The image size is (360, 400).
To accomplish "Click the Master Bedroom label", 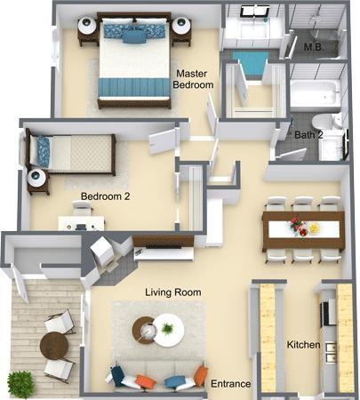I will click(194, 78).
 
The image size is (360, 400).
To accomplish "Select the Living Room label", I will click(172, 292).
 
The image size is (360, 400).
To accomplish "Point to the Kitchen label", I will click(302, 344).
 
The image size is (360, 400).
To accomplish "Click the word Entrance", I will click(230, 384).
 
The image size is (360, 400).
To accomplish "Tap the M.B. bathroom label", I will click(313, 46).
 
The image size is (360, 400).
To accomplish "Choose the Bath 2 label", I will click(308, 134).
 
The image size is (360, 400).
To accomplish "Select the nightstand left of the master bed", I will click(89, 29).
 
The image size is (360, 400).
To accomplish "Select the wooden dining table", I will click(302, 229).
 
